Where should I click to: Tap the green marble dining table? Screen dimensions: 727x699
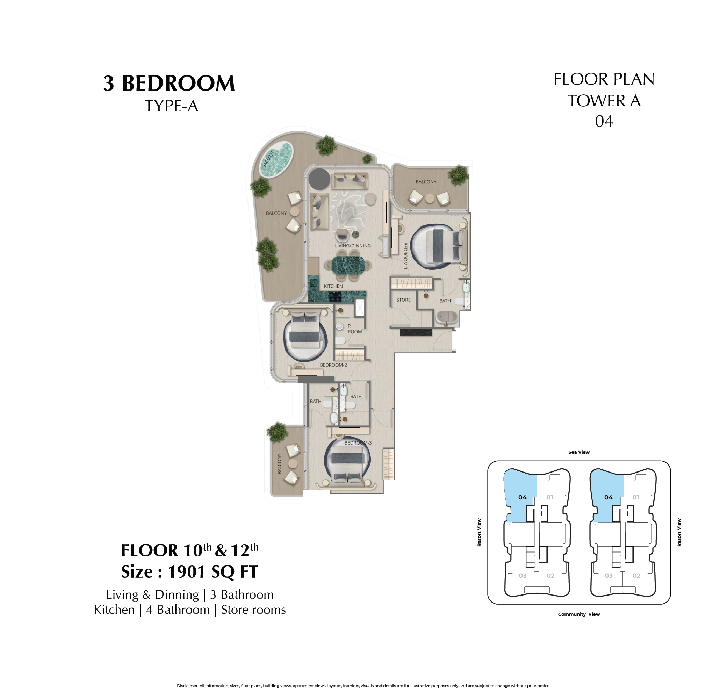(348, 265)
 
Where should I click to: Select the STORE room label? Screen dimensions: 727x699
(404, 300)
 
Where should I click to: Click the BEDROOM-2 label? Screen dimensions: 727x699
(333, 365)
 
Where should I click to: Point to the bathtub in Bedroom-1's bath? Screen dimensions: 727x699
(448, 317)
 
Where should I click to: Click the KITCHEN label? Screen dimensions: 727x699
(333, 286)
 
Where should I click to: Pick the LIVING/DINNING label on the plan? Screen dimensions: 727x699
(353, 245)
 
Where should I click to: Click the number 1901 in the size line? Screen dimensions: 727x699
(186, 571)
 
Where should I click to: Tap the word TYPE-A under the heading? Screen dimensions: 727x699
(171, 106)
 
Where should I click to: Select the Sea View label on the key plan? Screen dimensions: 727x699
(579, 452)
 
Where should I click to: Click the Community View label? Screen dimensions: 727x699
(579, 614)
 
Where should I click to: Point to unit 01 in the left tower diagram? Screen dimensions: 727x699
(550, 497)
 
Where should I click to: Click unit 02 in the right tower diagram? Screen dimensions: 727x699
(636, 576)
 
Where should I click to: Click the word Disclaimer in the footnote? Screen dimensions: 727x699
(187, 686)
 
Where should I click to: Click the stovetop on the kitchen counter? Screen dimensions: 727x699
(336, 296)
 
